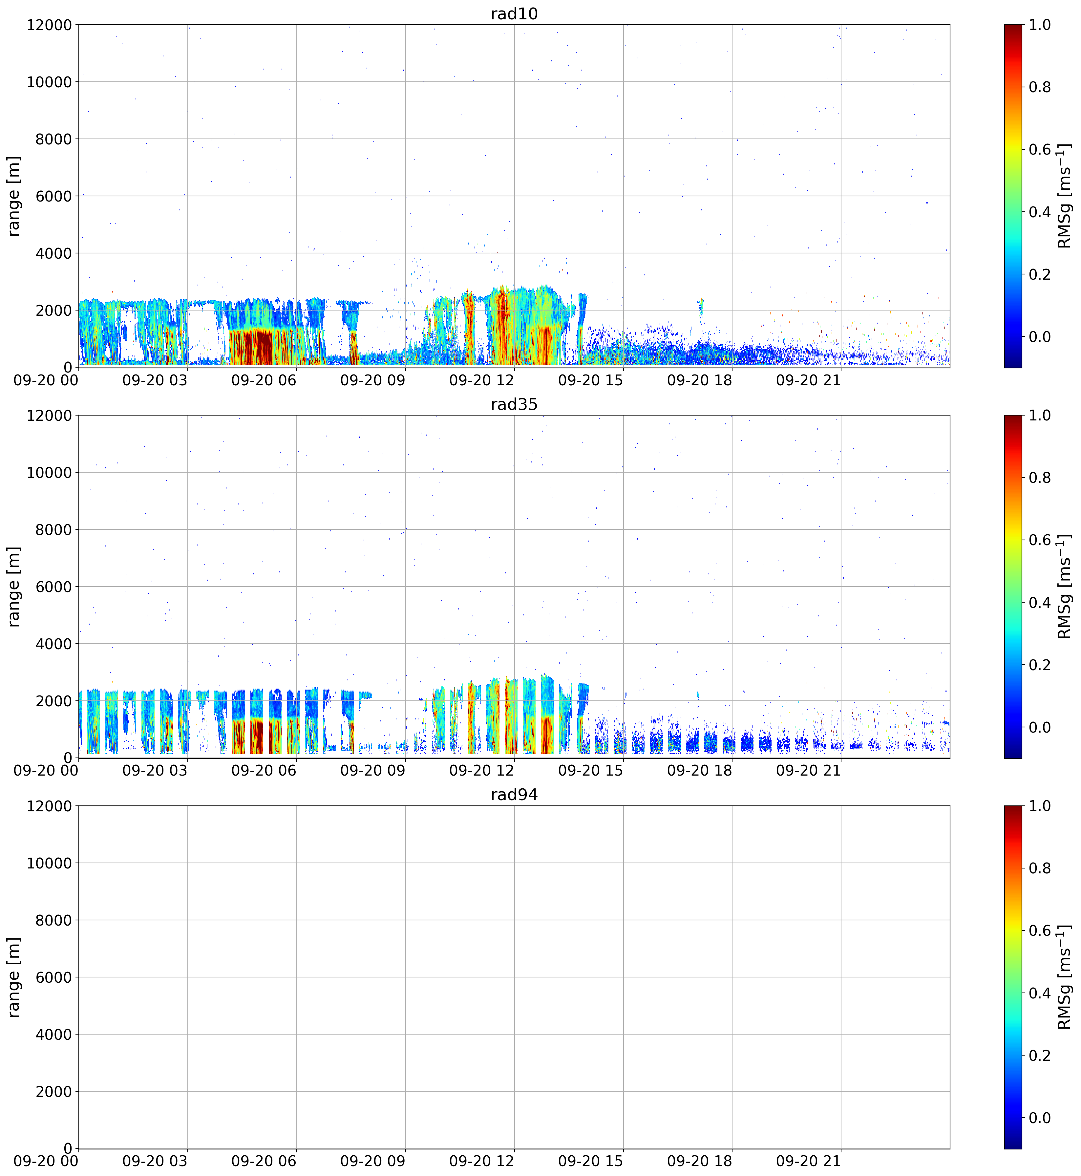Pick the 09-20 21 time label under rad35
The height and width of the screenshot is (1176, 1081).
coord(808,771)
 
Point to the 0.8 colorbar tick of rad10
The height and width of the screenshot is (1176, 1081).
coord(1039,87)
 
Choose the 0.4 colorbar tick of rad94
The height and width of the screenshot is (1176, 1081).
coord(1039,993)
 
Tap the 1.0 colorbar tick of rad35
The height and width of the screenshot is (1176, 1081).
coord(1039,416)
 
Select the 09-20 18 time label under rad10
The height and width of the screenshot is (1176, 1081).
coord(700,380)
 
